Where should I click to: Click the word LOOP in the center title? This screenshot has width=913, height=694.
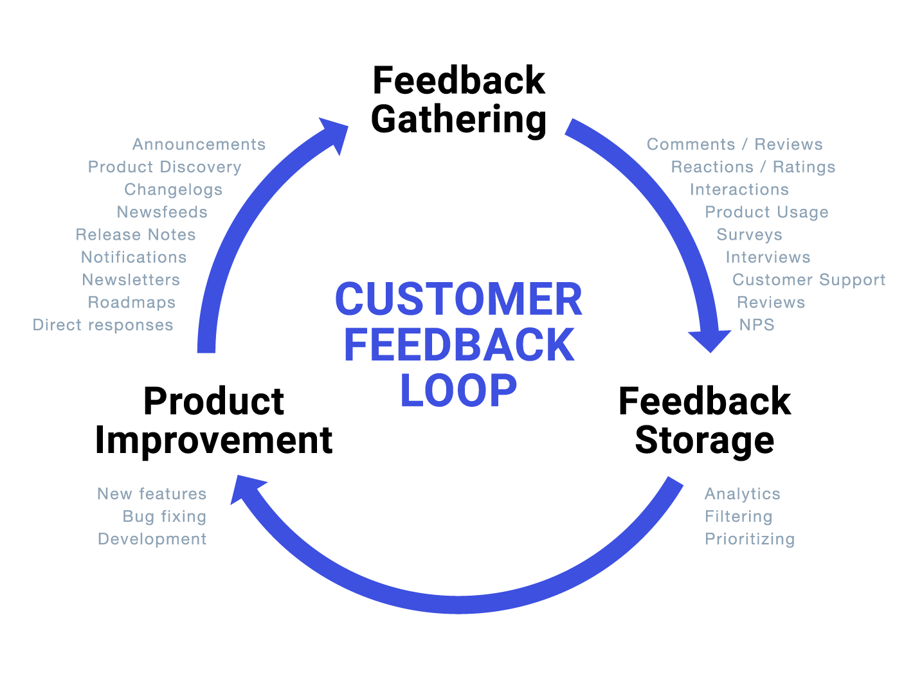[458, 390]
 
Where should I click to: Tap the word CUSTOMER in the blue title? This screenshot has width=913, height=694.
[458, 299]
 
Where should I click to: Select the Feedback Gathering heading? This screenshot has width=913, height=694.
[458, 100]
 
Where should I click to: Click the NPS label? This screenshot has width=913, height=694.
[757, 325]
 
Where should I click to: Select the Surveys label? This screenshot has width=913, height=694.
[750, 235]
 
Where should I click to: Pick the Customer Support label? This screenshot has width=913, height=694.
[809, 280]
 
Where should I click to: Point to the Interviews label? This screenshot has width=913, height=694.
[768, 258]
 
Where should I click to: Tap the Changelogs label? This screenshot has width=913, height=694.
[174, 190]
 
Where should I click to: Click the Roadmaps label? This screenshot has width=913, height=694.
[132, 303]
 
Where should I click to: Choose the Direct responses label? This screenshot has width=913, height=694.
[103, 325]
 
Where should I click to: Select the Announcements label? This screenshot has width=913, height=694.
[199, 145]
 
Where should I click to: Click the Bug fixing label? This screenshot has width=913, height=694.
[165, 517]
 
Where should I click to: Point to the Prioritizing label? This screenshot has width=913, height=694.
[750, 539]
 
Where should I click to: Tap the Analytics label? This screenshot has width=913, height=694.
[743, 494]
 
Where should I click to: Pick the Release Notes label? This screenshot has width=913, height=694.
[136, 235]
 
